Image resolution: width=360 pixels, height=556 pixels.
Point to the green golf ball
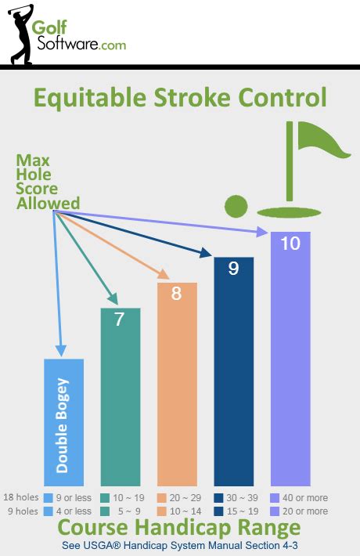(x=236, y=207)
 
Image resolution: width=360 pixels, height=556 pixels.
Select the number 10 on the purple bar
(x=290, y=244)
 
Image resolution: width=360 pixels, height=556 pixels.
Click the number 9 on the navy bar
(x=233, y=269)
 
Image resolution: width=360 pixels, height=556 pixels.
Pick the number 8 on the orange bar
(x=177, y=294)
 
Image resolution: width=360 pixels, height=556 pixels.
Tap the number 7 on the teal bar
(x=120, y=320)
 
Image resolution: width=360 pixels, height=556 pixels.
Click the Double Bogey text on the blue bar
(x=63, y=427)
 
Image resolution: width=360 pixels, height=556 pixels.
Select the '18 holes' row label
(x=22, y=497)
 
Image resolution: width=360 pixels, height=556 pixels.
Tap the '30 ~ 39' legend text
(x=250, y=497)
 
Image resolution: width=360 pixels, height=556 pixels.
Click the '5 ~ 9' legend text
(x=135, y=511)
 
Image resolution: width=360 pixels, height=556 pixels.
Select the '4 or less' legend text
(x=78, y=511)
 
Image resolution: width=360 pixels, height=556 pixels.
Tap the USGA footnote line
(x=180, y=544)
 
